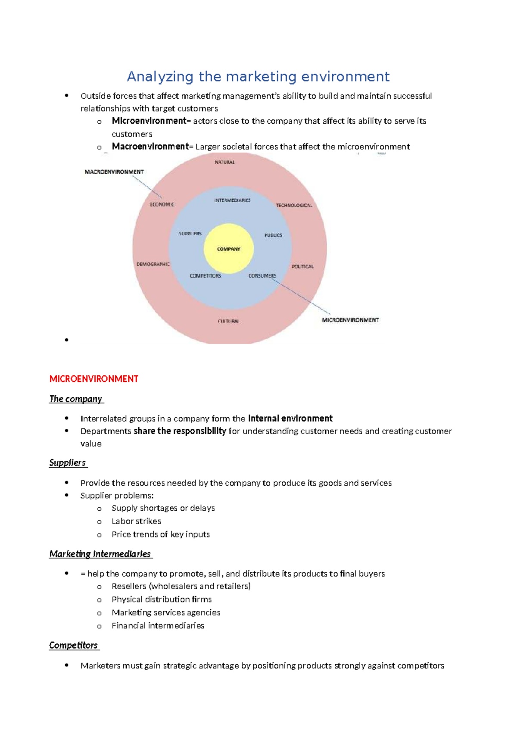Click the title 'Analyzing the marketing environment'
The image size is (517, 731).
point(258,77)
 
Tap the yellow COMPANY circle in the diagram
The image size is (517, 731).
point(228,249)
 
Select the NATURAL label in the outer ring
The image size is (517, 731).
point(224,162)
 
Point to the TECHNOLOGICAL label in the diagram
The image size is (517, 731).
point(293,205)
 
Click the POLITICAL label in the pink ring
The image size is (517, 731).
point(302,266)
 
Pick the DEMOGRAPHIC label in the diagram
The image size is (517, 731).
point(153,264)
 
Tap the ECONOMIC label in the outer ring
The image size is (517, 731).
point(162,204)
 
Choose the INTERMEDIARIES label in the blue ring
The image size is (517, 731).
point(233,200)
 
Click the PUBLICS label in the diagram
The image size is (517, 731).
point(273,235)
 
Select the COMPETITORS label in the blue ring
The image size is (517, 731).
point(206,276)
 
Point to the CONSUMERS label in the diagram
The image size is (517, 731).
point(262,276)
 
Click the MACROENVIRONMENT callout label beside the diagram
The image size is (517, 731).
point(114,172)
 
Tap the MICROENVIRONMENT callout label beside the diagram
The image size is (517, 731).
point(350,320)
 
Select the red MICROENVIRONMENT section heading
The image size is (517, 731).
point(94,379)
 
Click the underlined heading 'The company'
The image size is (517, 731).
point(76,399)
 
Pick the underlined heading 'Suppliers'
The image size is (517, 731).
point(68,463)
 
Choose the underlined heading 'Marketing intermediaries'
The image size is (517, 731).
point(100,554)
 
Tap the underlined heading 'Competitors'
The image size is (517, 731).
point(73,645)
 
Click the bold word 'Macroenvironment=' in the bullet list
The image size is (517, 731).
point(150,147)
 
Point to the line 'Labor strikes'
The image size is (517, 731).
point(136,522)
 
